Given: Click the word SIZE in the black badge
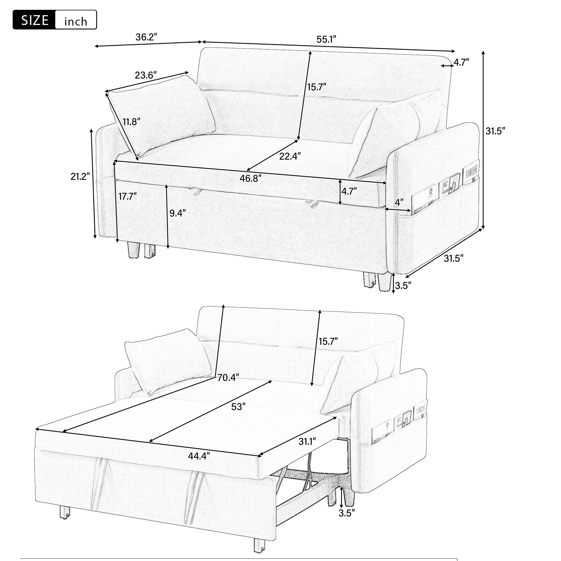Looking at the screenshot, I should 35,20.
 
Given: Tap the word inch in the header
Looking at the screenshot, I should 75,22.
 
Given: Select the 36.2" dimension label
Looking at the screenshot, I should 146,37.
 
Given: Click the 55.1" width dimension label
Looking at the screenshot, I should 326,39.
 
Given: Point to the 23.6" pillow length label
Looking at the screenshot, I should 146,75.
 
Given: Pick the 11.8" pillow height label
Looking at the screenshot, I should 131,122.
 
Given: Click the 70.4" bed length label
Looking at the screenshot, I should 228,378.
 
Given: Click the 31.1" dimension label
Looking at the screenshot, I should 307,442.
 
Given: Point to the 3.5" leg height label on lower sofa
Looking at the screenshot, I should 347,513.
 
